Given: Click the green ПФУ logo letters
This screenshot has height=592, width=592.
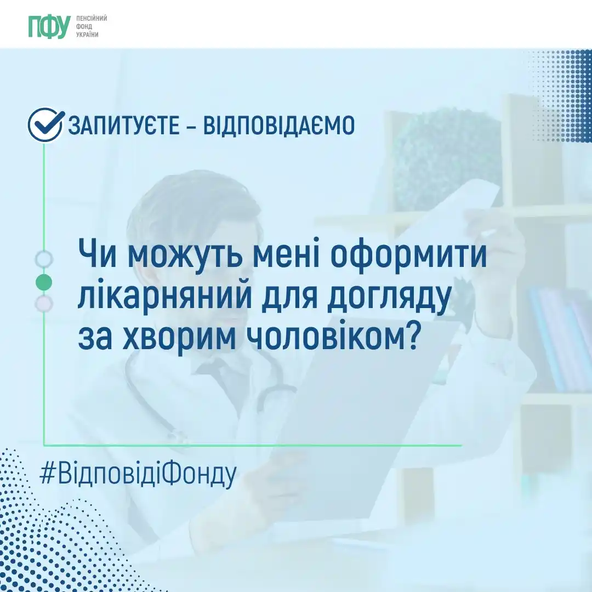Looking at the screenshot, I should point(49,26).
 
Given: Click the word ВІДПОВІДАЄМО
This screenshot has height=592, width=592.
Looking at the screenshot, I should point(279,127).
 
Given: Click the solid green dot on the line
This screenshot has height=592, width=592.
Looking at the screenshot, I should point(44,282).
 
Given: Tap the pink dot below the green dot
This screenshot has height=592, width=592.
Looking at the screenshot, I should point(44,303).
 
